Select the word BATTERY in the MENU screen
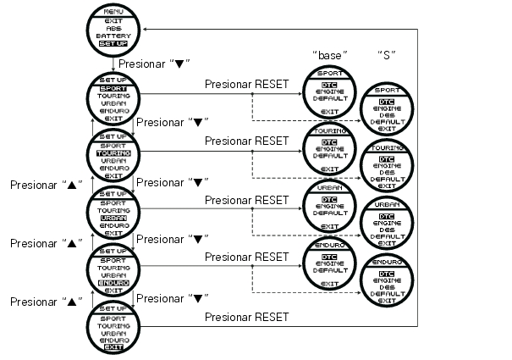coord(113,36)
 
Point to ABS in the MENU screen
coord(113,28)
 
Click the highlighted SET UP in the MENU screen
coord(113,43)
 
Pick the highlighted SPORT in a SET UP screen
coord(113,87)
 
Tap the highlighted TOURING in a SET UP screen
coord(113,153)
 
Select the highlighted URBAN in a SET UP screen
coord(113,218)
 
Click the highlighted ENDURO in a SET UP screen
coord(113,282)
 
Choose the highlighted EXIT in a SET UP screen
coord(113,347)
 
